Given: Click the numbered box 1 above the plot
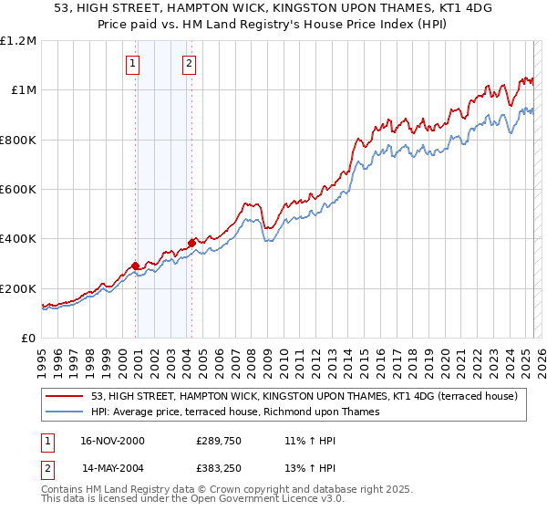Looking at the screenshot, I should (133, 63).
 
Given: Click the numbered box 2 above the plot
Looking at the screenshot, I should (189, 63).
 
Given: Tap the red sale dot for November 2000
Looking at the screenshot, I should (136, 266).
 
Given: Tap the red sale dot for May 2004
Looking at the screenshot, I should (191, 243).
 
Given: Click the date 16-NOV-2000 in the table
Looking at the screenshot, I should (112, 441).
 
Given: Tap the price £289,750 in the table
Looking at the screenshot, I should (217, 441).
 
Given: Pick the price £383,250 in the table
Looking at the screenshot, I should (217, 468).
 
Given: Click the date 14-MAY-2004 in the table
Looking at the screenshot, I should (112, 468).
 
